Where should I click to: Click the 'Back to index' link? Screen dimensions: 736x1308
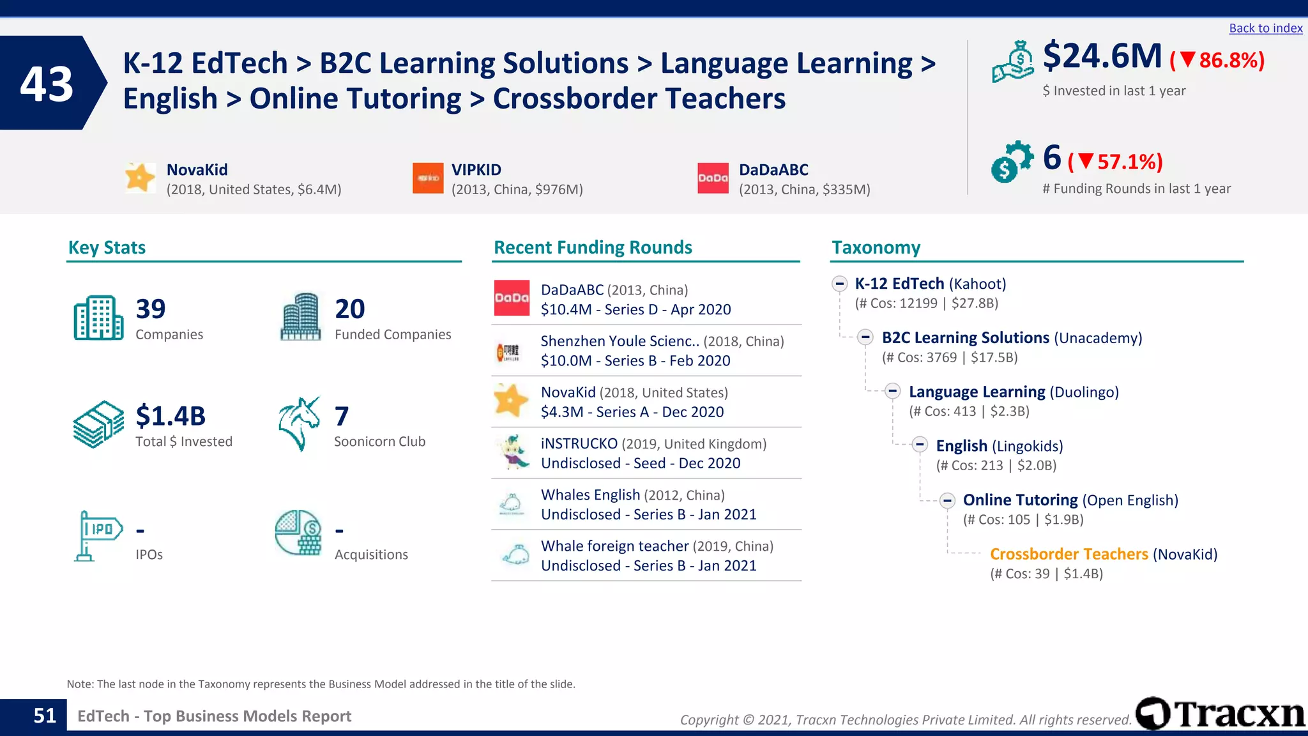[1265, 28]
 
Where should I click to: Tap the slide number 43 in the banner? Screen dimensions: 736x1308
[47, 84]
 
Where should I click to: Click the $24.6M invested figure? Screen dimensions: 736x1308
[1102, 56]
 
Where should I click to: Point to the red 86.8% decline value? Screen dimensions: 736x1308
[1230, 61]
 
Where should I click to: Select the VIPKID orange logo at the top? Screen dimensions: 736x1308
[428, 178]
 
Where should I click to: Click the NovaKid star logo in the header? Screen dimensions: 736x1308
[140, 178]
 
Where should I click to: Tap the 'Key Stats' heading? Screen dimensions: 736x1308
[107, 247]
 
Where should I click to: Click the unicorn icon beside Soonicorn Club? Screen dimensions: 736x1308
[299, 424]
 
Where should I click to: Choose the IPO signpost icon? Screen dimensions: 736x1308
[96, 535]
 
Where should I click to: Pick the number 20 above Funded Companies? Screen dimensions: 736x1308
[350, 309]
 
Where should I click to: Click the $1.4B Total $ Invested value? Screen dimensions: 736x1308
[171, 416]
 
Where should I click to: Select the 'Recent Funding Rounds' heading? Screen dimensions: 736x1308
[593, 247]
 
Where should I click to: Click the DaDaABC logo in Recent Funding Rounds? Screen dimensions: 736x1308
[512, 298]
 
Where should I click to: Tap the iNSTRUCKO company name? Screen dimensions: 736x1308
[579, 443]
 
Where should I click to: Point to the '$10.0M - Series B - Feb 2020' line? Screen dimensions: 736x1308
[635, 360]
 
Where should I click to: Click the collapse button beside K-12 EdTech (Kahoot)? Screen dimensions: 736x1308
[840, 284]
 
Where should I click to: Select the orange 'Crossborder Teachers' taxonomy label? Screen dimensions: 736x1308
[1068, 554]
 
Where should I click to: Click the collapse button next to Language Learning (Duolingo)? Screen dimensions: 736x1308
[893, 392]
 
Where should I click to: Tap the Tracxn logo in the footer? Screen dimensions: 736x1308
[1220, 714]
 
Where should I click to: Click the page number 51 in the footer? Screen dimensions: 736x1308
[45, 716]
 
